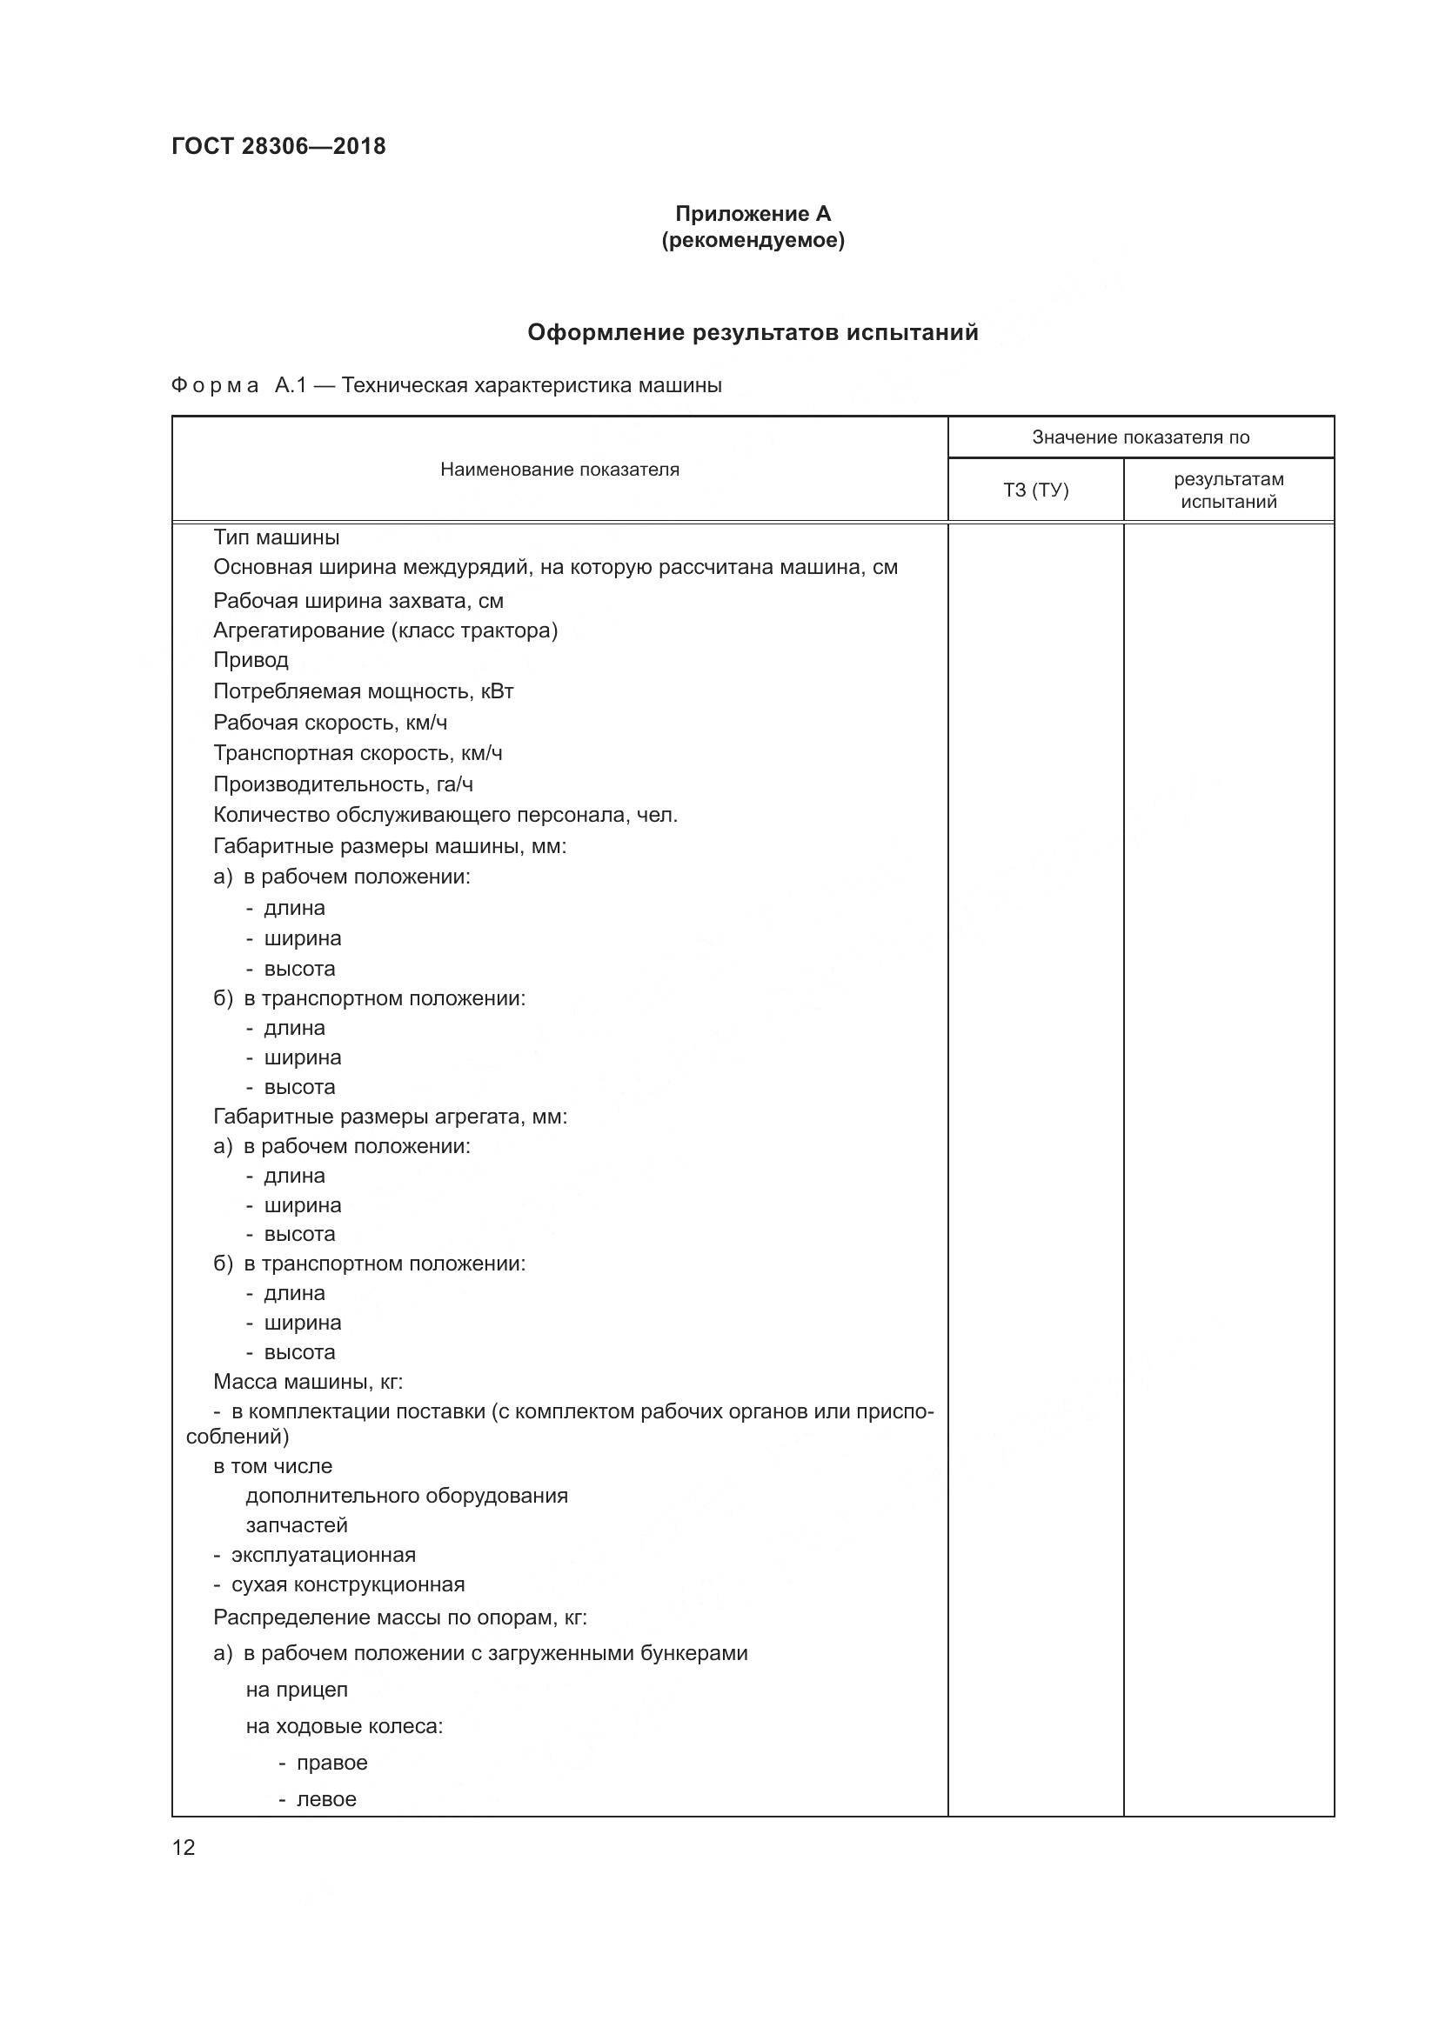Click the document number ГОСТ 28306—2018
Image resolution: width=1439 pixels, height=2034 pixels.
point(278,146)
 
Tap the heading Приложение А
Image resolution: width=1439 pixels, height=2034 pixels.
point(753,214)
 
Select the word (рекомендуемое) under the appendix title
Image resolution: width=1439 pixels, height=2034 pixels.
point(753,240)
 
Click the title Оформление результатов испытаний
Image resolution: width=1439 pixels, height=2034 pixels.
point(753,332)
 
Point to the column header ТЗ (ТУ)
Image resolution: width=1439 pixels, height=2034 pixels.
point(1035,490)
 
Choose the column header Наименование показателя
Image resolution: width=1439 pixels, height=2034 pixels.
point(559,470)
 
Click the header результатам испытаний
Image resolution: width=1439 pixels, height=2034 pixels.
point(1228,490)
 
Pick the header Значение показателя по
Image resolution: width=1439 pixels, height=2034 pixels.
point(1141,437)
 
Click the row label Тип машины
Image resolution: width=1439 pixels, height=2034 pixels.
point(277,537)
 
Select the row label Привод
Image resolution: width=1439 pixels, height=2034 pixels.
point(251,660)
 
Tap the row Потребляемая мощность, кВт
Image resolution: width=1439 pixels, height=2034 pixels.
point(364,691)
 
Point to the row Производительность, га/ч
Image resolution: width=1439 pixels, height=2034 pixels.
point(343,784)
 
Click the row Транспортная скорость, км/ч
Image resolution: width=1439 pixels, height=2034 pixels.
point(358,753)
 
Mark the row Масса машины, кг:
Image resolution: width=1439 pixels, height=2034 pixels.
point(307,1381)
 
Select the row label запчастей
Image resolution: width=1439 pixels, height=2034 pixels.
point(297,1525)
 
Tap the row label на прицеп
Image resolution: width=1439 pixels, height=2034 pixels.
point(297,1690)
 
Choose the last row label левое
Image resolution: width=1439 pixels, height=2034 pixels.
point(326,1799)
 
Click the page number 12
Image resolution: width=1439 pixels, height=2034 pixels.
point(184,1847)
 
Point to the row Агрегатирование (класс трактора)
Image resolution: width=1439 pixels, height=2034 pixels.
point(385,630)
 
